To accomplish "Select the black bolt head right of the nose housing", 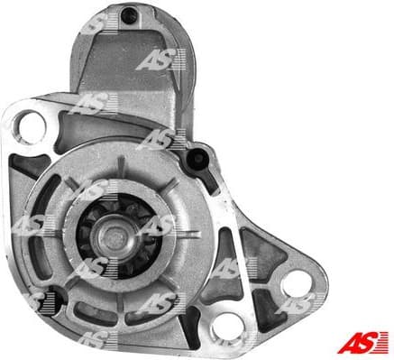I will tap(192, 161).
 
